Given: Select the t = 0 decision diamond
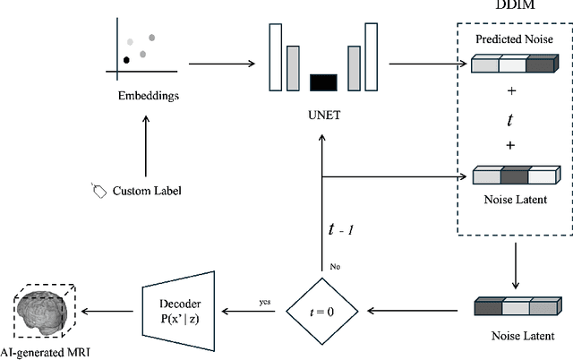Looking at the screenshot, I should click(322, 313).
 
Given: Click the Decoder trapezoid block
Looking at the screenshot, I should click(179, 312).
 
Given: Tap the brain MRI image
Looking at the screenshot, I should click(47, 311).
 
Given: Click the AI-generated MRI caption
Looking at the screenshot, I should click(47, 352).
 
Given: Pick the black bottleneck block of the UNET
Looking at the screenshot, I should click(322, 83).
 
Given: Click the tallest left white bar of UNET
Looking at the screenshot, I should click(275, 56).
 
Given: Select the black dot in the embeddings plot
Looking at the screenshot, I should click(126, 60).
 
